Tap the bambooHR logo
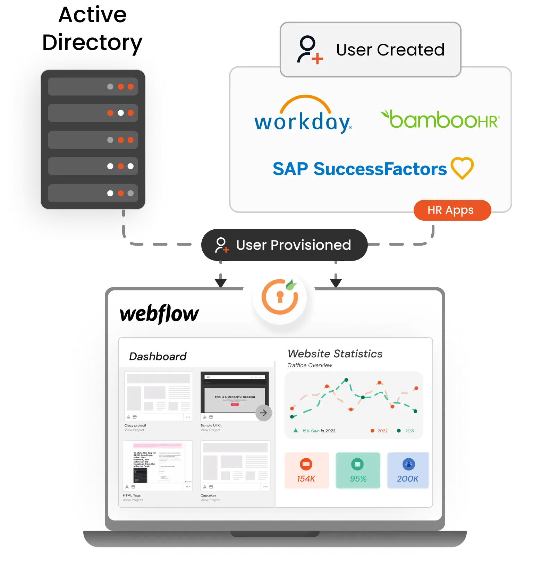pyautogui.click(x=440, y=119)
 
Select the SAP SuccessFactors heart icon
pyautogui.click(x=462, y=168)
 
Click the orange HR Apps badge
pyautogui.click(x=452, y=210)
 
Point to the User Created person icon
pyautogui.click(x=310, y=50)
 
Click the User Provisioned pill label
pyautogui.click(x=284, y=245)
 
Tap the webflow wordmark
pyautogui.click(x=159, y=314)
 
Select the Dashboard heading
pyautogui.click(x=158, y=356)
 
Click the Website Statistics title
pyautogui.click(x=335, y=354)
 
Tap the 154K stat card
pyautogui.click(x=306, y=470)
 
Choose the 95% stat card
pyautogui.click(x=358, y=470)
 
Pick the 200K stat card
pyautogui.click(x=408, y=470)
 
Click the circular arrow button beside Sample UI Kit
pyautogui.click(x=263, y=413)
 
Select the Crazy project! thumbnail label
pyautogui.click(x=135, y=425)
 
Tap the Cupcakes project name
pyautogui.click(x=208, y=495)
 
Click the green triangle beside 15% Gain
pyautogui.click(x=296, y=431)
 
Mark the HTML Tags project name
pyautogui.click(x=132, y=495)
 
